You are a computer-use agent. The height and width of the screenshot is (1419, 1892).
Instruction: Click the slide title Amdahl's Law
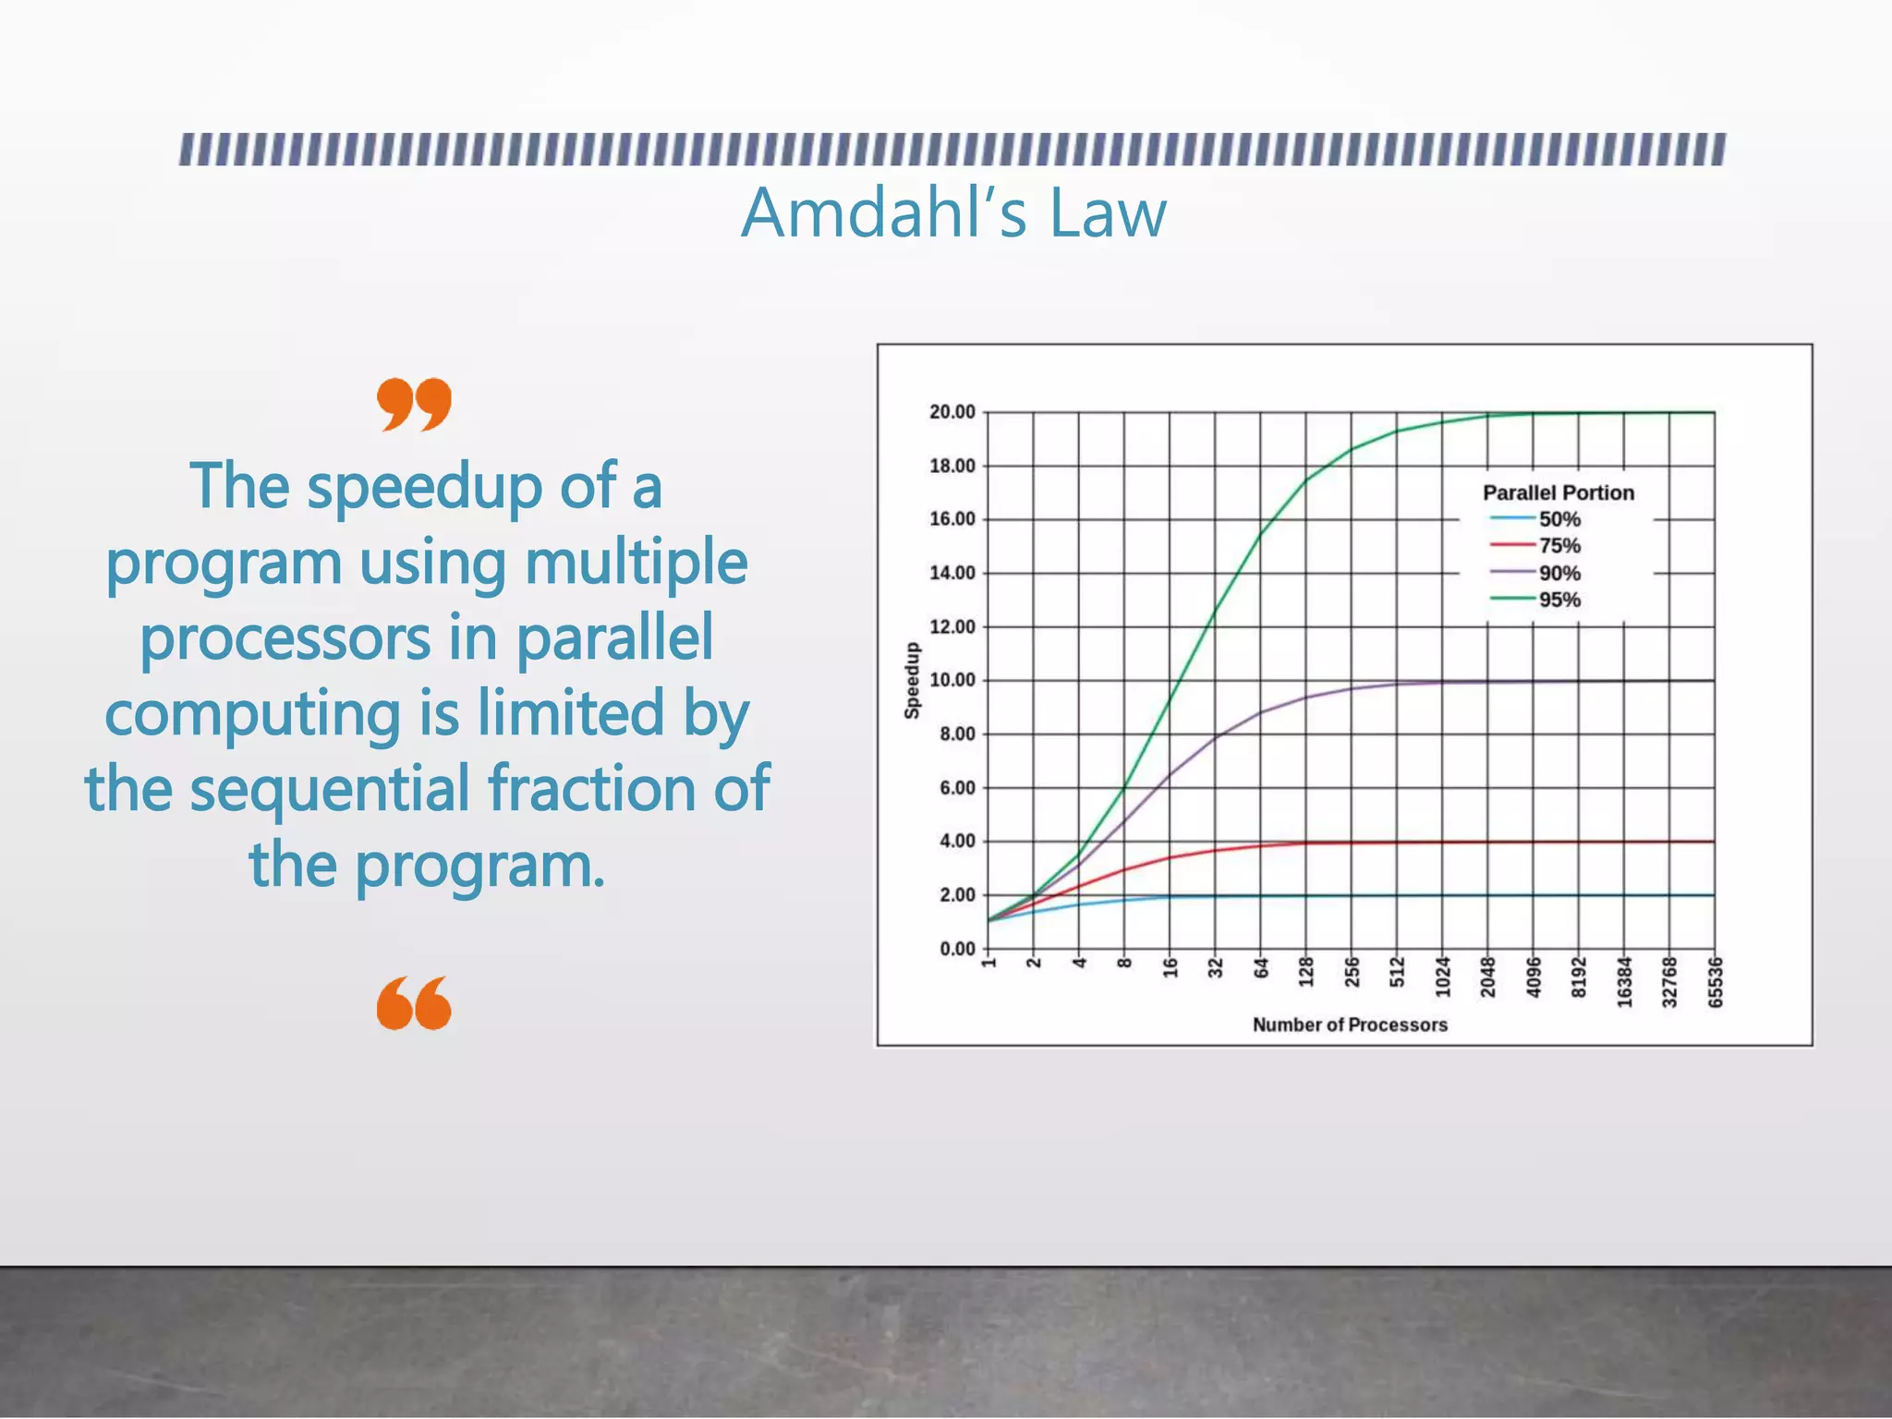953,213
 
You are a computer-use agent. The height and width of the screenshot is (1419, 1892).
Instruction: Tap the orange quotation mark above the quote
414,404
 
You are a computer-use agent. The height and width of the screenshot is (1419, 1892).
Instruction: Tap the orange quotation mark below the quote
414,1003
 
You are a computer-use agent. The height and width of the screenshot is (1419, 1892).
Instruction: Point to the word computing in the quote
252,713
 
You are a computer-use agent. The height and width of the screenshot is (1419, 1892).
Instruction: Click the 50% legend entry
1558,519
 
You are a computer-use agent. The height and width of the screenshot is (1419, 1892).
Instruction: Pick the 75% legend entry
1558,546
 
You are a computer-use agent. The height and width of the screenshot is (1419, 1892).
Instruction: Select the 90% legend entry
1558,573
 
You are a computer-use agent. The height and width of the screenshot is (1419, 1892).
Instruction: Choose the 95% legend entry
1558,600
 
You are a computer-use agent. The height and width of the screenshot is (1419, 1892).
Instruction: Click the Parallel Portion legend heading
1558,492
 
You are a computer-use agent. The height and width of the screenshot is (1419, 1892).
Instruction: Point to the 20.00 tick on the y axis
952,412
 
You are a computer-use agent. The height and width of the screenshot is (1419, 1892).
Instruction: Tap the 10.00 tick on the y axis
952,680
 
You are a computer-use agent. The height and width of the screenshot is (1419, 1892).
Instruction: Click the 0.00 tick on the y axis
957,949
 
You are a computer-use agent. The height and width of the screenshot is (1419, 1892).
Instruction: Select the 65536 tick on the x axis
1715,983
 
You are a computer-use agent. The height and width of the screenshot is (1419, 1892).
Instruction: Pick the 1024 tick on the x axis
1442,978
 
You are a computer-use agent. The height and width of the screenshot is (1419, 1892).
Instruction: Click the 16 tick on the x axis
1170,968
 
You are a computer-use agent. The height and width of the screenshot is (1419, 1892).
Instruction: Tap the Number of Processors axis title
1349,1025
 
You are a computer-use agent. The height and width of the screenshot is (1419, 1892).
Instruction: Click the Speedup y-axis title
912,680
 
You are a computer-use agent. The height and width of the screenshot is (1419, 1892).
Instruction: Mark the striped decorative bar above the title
952,150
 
